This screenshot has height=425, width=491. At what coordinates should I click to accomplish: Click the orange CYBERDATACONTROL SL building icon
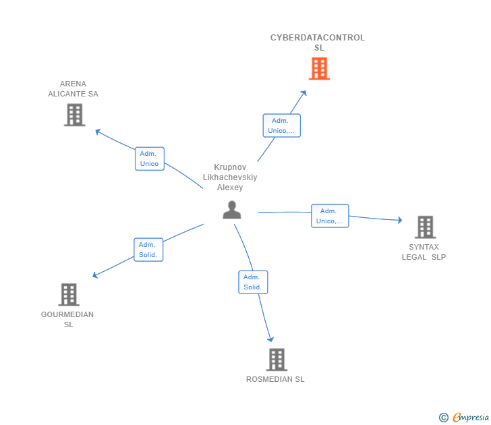coord(319,69)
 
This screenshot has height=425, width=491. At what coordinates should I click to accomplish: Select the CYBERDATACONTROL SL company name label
coord(318,42)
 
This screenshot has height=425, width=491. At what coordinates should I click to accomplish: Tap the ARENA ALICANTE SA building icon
coord(75,115)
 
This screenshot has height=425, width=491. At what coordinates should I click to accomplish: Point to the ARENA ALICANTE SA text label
coord(73,89)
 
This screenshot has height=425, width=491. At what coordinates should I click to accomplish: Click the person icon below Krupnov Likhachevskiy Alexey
coord(231,210)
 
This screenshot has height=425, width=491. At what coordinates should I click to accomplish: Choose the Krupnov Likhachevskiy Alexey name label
coord(230,177)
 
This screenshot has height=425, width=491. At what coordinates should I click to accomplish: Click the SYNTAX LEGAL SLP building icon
coord(425,227)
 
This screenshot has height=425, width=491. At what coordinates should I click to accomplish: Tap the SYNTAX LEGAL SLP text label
coord(424,252)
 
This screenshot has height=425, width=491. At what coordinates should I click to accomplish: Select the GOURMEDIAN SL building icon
coord(69,294)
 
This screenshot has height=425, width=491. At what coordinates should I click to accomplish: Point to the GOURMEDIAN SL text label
coord(67,320)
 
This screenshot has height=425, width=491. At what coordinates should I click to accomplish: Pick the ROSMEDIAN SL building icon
coord(276,360)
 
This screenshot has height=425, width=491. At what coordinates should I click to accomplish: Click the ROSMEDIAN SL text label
coord(275,379)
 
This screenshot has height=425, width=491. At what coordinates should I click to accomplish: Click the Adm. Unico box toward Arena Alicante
coord(149,159)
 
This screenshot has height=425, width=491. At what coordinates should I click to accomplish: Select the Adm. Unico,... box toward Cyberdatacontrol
coord(281,125)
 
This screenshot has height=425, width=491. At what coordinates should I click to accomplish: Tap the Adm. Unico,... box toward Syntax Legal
coord(330,216)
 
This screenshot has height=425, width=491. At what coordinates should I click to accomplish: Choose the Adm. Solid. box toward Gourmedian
coord(148,250)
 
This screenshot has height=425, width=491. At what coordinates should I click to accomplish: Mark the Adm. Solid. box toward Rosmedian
coord(253,282)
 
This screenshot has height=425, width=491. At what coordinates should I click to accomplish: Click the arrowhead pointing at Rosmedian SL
coord(271,339)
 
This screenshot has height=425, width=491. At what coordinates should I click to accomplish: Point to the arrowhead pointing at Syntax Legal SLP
coord(399,220)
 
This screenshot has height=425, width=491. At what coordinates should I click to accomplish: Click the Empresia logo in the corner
coord(464,418)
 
